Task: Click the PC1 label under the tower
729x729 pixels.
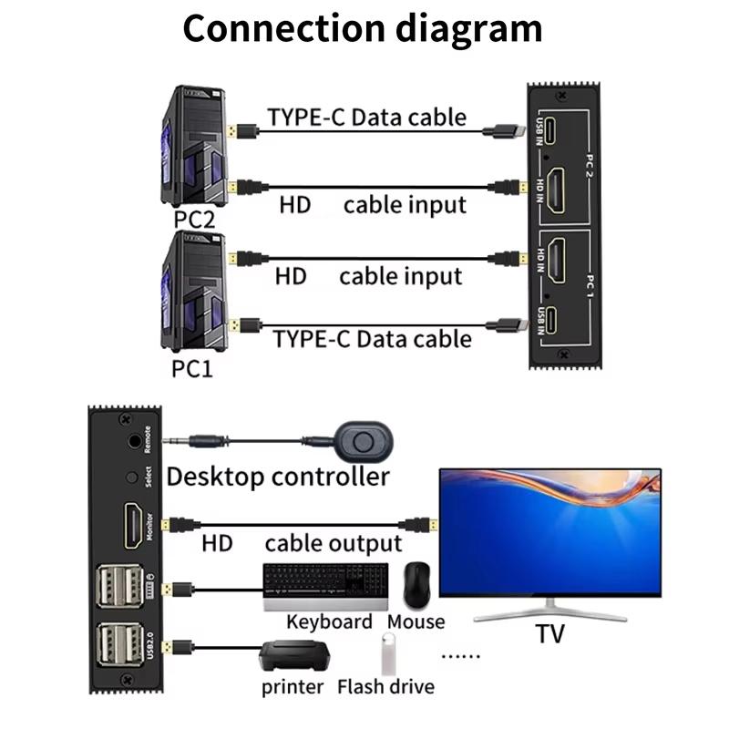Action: coord(192,370)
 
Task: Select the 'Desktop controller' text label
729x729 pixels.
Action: coord(278,476)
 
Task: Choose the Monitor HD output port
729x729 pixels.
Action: coord(133,526)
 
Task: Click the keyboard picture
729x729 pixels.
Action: coord(325,586)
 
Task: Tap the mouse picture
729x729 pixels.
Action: coord(417,584)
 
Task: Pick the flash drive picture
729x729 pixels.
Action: coord(386,654)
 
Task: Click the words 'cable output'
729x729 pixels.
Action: coord(334,544)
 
